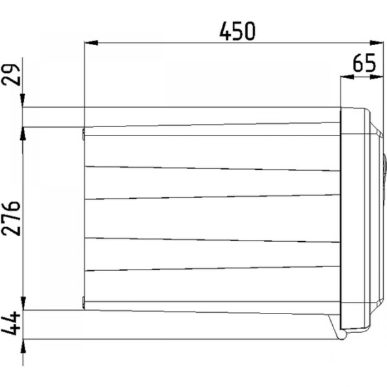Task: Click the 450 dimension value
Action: point(237,31)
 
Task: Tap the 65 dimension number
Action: point(364,63)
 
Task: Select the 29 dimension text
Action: point(11,75)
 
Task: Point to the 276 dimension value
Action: point(11,219)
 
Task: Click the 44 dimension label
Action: point(11,323)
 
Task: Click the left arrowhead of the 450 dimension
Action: point(91,43)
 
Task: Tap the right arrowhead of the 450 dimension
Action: point(377,43)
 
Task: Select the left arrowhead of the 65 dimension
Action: point(347,77)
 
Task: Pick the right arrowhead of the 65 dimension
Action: point(377,77)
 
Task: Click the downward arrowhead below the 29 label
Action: point(23,101)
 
